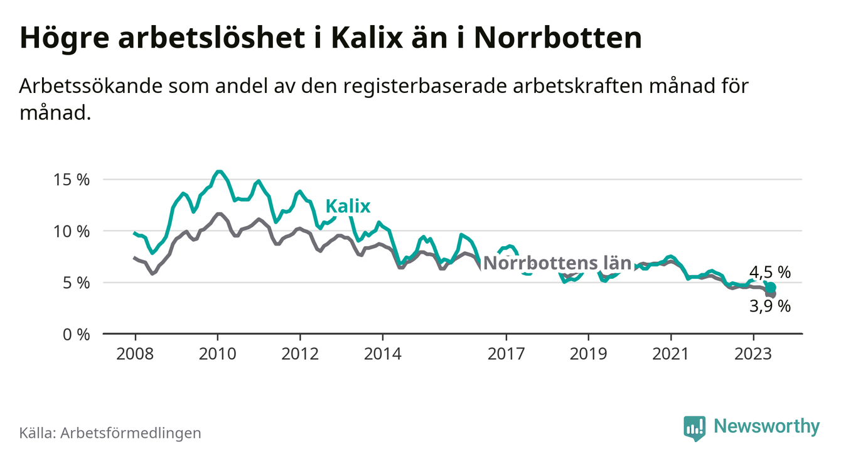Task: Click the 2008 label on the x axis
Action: pos(135,353)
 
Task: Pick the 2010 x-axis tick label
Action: pos(217,353)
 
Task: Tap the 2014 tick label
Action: pos(382,353)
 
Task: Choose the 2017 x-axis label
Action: pos(506,353)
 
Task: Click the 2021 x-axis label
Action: pos(671,353)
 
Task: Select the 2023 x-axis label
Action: pos(753,353)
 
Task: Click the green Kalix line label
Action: pos(348,207)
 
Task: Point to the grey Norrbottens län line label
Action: pos(557,263)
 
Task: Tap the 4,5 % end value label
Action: pos(770,273)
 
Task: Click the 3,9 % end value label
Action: pos(770,306)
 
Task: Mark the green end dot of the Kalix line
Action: pos(771,287)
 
